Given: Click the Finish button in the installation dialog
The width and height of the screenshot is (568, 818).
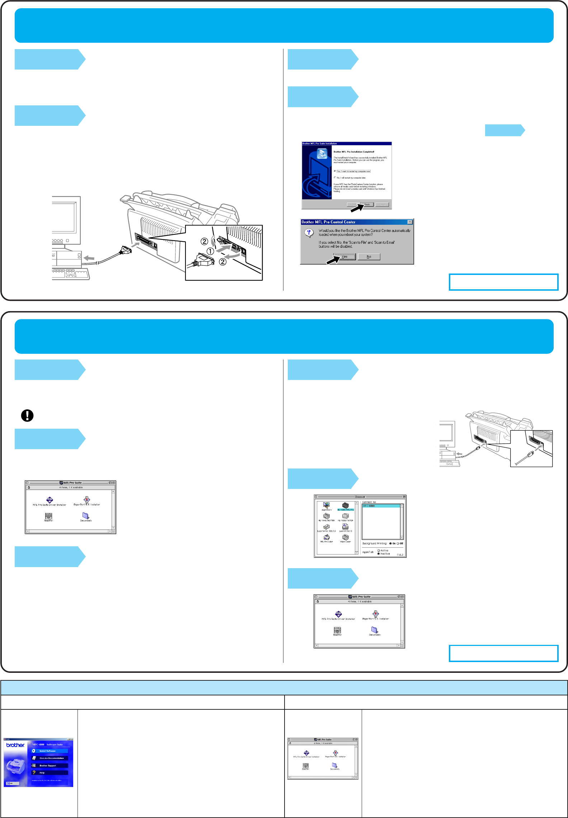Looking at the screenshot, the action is (x=367, y=205).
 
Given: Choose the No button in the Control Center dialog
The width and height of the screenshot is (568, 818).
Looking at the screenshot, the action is (x=369, y=257).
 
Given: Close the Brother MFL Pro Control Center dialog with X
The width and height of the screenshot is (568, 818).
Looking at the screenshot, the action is (x=410, y=222).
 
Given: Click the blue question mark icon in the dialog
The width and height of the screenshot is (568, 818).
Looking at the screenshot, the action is (x=309, y=233).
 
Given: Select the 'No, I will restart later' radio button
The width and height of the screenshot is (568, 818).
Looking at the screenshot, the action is (x=335, y=177).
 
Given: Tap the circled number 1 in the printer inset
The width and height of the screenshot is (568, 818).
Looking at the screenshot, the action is (x=210, y=251).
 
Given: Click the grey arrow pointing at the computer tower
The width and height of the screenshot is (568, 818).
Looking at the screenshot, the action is (x=89, y=258).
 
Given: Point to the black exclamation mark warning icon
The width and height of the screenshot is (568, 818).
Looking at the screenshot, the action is (x=27, y=415).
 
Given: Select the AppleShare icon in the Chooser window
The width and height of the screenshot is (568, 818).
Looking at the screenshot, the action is (x=326, y=506).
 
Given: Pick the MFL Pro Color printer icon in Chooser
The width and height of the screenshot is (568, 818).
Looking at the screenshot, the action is (x=326, y=538).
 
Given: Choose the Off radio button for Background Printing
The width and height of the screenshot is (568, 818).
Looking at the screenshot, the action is (x=398, y=543).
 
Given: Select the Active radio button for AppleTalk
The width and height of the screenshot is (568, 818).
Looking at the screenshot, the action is (x=379, y=550).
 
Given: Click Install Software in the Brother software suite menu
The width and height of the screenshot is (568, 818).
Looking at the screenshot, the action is (x=48, y=751).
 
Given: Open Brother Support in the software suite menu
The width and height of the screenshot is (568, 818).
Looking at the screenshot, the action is (x=48, y=765).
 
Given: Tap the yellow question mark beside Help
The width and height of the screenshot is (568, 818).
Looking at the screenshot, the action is (x=34, y=772).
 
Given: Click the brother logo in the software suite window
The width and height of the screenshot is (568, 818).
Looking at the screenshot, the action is (x=15, y=745).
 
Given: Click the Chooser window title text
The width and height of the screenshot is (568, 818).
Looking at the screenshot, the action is (x=360, y=497).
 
